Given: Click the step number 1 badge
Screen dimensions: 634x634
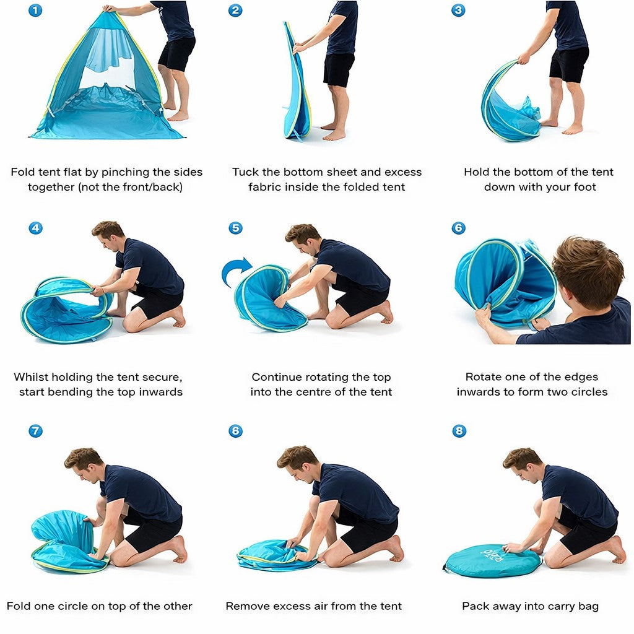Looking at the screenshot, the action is pos(35,10).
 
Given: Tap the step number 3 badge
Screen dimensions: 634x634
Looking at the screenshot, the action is pos(458,10).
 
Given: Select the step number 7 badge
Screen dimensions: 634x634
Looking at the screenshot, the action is pos(35,431).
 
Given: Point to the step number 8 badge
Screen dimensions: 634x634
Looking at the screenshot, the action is pos(459,431).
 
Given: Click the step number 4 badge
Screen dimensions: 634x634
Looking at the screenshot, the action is pos(35,228).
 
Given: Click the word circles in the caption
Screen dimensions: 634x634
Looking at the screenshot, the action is pos(589,392).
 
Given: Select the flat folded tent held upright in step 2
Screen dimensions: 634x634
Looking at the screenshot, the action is pos(297,81).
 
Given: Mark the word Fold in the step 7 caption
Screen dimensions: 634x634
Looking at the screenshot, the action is pos(19,606).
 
